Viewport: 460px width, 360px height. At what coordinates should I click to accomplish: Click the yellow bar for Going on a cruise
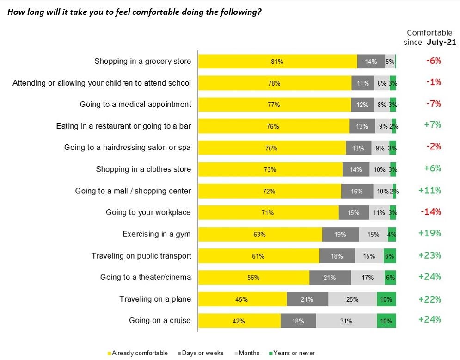click(239, 321)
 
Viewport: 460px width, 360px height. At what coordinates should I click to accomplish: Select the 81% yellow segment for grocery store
click(277, 62)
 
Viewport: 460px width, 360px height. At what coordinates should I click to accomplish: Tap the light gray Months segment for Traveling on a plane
click(352, 299)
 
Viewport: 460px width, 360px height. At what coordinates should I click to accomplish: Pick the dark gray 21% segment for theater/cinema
click(330, 278)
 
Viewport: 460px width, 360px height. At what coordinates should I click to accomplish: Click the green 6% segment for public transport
click(390, 256)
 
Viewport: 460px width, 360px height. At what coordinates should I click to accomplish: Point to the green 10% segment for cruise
click(386, 321)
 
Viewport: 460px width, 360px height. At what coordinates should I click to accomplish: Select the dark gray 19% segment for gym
click(340, 235)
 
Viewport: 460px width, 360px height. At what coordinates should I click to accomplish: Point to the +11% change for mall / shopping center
click(429, 191)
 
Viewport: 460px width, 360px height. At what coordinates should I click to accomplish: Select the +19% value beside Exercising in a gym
click(429, 234)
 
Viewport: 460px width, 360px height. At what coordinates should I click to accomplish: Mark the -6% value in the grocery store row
click(433, 61)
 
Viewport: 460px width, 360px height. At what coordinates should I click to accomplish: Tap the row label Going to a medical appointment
click(135, 104)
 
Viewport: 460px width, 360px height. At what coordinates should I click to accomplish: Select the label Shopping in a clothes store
click(143, 169)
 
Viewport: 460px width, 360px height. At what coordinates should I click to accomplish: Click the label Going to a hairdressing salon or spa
click(128, 148)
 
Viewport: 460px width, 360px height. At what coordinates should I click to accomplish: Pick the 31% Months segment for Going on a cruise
click(346, 321)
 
